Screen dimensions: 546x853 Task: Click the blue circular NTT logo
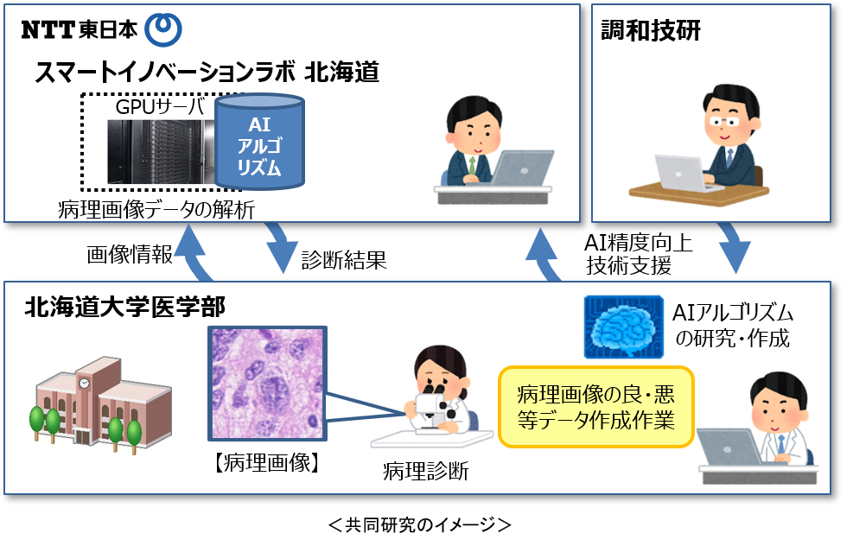(x=162, y=29)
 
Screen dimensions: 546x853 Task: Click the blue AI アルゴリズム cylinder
(x=259, y=142)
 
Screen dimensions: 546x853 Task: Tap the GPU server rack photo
(x=161, y=152)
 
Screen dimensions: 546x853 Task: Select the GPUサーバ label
(x=160, y=107)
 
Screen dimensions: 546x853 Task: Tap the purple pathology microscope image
(x=267, y=383)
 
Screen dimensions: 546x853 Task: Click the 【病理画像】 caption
(x=267, y=462)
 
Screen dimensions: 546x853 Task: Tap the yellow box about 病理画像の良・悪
(x=595, y=406)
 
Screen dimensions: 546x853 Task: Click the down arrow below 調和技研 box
(x=735, y=250)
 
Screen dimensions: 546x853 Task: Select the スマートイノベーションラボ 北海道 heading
(x=207, y=73)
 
